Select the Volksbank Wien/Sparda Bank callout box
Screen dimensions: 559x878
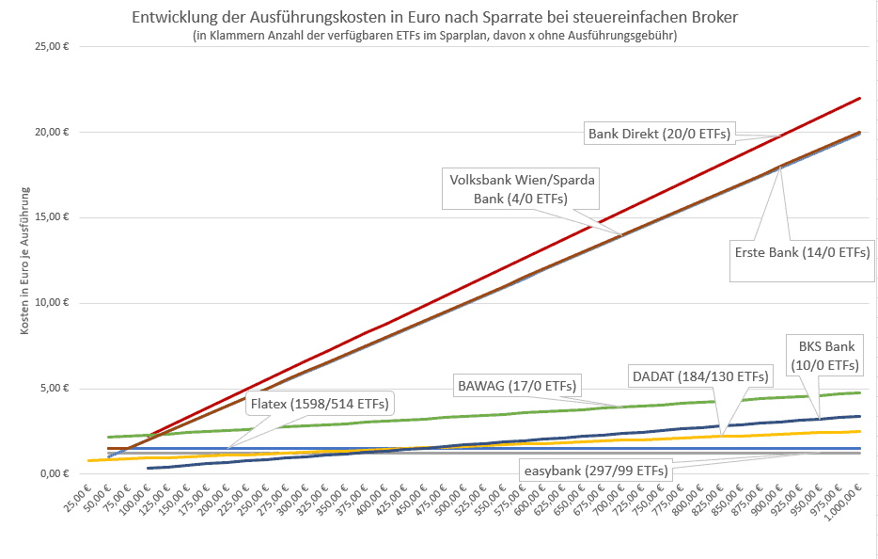(522, 188)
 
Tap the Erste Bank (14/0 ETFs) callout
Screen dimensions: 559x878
(801, 252)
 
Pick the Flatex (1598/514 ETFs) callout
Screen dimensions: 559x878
(320, 405)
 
